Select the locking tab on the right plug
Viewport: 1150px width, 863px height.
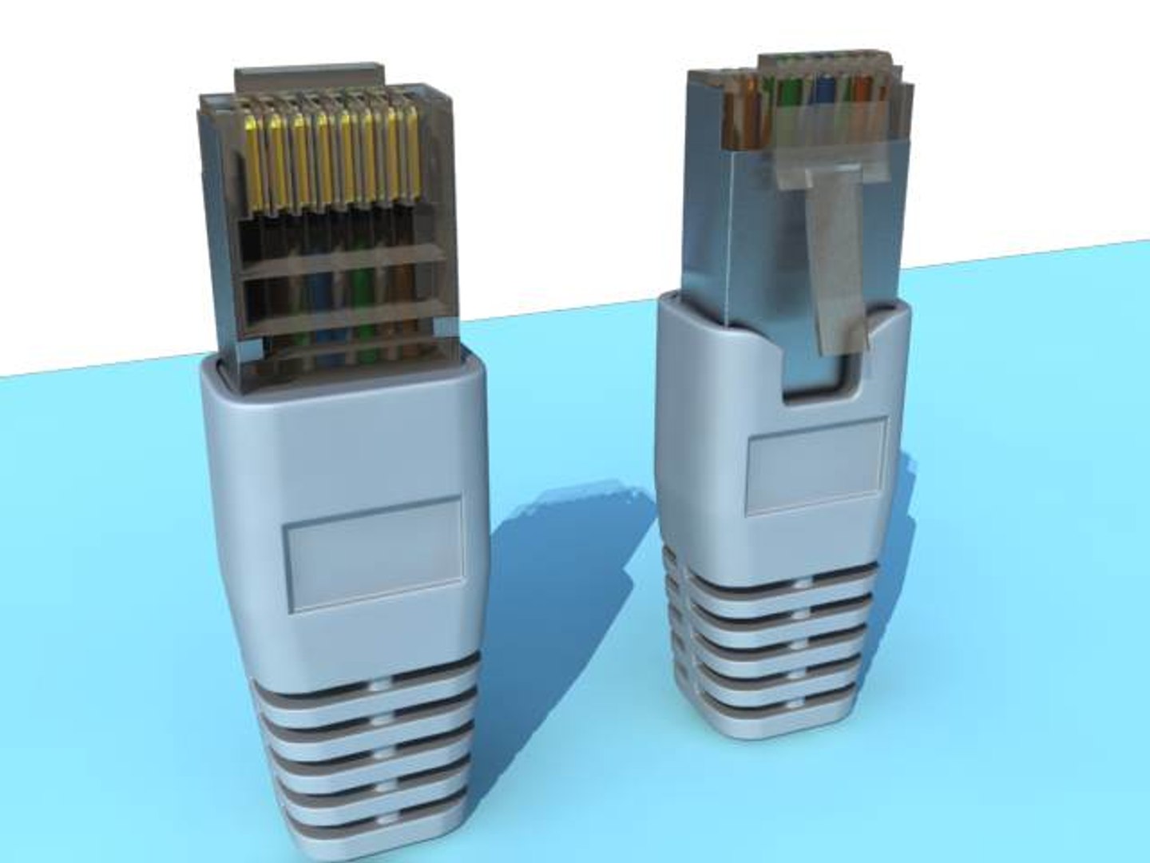835,256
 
